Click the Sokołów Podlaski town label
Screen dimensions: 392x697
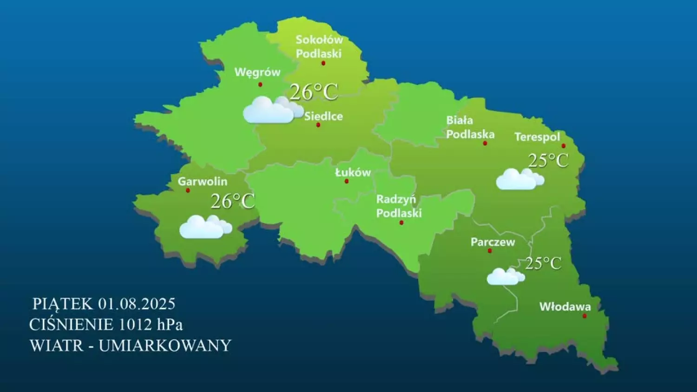point(319,46)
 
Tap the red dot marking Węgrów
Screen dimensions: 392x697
point(260,85)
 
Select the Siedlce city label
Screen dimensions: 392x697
point(323,116)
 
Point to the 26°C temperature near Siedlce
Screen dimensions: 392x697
point(314,92)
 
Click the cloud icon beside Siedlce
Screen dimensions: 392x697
point(272,111)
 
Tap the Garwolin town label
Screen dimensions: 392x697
point(203,181)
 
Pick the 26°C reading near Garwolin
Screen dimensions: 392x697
point(233,201)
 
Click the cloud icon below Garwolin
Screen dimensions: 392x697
point(205,227)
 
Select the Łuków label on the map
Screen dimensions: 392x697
point(353,172)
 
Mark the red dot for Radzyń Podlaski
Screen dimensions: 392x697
point(401,222)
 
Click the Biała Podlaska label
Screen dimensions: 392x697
point(470,127)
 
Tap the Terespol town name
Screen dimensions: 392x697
point(537,137)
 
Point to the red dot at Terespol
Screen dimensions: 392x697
point(564,146)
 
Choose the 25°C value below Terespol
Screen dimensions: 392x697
point(548,161)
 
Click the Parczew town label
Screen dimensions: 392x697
point(493,242)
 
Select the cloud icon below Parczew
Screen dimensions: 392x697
point(505,276)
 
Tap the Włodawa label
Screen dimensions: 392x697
point(565,307)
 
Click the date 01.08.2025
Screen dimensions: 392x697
point(137,304)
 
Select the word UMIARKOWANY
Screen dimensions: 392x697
point(165,346)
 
